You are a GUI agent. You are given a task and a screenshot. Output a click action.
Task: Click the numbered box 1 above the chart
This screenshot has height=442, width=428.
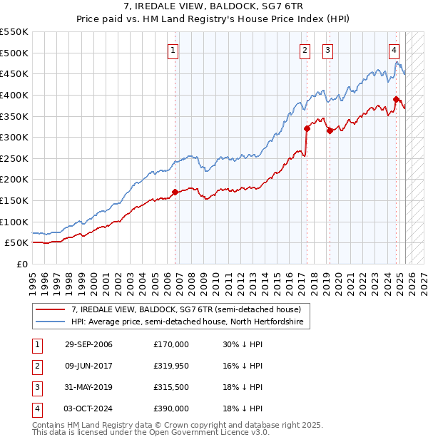(x=174, y=50)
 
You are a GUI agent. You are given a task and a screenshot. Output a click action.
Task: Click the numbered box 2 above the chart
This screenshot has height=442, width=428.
(x=305, y=50)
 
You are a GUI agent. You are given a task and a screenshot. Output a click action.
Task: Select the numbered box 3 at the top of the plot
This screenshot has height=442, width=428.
(x=327, y=50)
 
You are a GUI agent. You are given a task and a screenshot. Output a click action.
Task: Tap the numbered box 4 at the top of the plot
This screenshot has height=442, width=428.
(x=394, y=50)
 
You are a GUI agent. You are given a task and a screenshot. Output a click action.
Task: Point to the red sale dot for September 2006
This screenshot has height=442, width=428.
(x=175, y=192)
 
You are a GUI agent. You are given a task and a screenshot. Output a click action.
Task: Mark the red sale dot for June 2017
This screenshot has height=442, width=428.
(x=307, y=128)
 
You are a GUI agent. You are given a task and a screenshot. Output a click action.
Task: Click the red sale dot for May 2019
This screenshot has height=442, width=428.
(x=330, y=130)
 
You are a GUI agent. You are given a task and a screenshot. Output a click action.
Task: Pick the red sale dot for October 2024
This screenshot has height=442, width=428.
(x=396, y=99)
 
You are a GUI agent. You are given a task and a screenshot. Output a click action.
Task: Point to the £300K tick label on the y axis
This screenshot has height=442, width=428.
(x=14, y=137)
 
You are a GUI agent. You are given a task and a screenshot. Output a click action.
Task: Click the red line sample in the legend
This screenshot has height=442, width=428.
(x=51, y=309)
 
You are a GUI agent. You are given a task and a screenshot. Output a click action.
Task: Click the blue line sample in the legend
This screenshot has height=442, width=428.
(x=51, y=322)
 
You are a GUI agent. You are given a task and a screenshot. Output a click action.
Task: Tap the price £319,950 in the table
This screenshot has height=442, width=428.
(x=171, y=366)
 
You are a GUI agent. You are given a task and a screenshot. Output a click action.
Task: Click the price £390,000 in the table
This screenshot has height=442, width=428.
(x=171, y=408)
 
